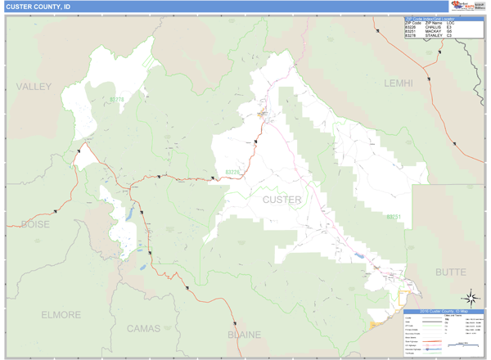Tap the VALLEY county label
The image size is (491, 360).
(x=34, y=86)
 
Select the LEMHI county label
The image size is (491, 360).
(x=399, y=83)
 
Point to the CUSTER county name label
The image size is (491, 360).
(x=282, y=200)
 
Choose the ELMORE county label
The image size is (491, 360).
(x=61, y=314)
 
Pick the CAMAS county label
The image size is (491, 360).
(x=144, y=328)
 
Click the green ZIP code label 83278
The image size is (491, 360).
(x=116, y=101)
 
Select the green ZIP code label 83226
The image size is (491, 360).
(x=233, y=173)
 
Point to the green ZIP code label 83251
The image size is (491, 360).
(x=394, y=218)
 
